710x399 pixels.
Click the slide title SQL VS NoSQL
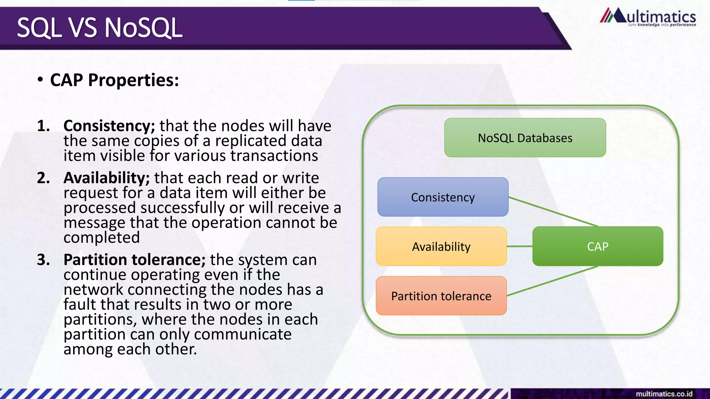click(99, 28)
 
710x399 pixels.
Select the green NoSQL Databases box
click(525, 138)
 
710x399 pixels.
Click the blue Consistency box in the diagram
click(443, 197)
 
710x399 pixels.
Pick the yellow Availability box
click(441, 247)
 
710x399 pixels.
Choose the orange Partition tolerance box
click(441, 296)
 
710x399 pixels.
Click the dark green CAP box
click(598, 247)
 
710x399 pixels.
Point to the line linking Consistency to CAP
click(553, 212)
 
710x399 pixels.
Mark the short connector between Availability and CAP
click(519, 246)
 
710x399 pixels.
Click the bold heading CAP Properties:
click(114, 80)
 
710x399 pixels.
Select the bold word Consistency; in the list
click(109, 126)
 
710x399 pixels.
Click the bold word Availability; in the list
click(106, 178)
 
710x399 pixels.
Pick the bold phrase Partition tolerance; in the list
click(135, 260)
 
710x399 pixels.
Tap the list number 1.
click(43, 126)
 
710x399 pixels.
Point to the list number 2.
click(43, 178)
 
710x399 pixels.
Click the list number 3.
click(43, 260)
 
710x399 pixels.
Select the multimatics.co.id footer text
click(664, 394)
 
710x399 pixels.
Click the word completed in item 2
click(102, 238)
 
